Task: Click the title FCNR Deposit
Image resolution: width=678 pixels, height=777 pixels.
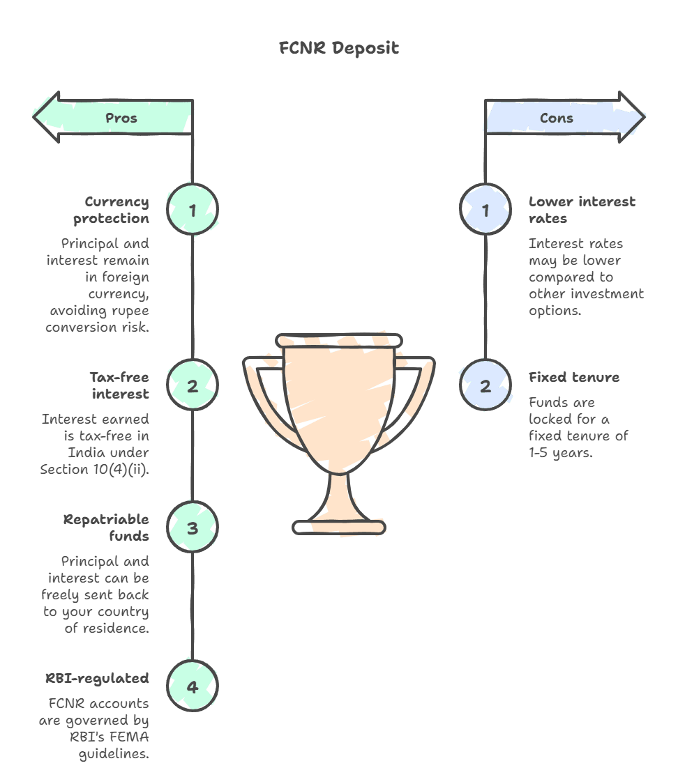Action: [339, 48]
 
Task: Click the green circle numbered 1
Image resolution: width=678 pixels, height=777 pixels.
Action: [193, 210]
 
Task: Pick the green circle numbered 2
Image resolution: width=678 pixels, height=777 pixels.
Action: [193, 385]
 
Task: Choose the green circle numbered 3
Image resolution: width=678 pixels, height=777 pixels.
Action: [193, 528]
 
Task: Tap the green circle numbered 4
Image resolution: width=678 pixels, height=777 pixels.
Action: [193, 686]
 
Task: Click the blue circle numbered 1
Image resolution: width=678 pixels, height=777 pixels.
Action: [485, 210]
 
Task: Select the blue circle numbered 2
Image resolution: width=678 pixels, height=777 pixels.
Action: [485, 385]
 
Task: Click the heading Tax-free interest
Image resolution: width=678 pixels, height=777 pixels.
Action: [119, 385]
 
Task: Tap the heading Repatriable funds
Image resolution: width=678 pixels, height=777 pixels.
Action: [106, 528]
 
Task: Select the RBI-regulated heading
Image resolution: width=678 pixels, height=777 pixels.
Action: [97, 678]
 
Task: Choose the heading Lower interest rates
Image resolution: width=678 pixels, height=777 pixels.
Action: [582, 210]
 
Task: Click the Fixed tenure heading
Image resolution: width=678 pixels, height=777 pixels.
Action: [573, 377]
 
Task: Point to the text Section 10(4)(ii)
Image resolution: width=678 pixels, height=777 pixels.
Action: [95, 470]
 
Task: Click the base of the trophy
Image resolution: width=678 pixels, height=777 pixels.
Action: [339, 528]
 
